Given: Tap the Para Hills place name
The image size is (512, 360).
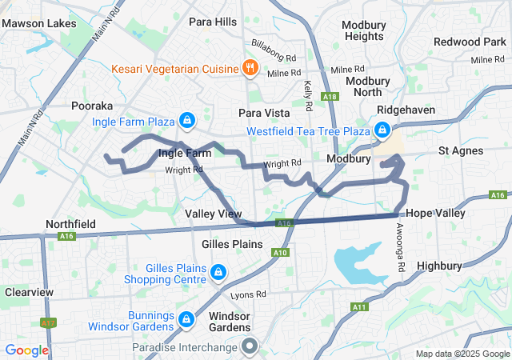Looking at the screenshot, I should [213, 22].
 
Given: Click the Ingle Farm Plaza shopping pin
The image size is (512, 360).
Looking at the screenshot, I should [186, 121].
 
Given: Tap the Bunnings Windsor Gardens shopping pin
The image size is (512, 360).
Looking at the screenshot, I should [186, 320].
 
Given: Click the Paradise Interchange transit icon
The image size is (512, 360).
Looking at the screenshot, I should [250, 346].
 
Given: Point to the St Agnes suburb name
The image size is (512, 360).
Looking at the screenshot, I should [460, 150].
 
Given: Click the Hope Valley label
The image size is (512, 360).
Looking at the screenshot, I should [435, 214].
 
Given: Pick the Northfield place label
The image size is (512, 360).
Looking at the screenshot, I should [71, 224].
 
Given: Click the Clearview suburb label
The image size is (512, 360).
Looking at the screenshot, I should [29, 292].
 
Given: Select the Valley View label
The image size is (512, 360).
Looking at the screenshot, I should [213, 214].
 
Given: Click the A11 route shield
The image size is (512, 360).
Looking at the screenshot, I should [358, 307].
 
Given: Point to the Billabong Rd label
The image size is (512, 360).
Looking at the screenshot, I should [274, 59].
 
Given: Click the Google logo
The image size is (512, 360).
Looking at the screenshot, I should [27, 350].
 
